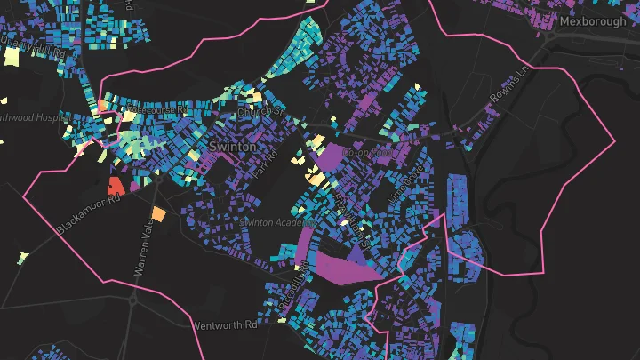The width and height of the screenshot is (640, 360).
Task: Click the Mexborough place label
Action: [x=593, y=20]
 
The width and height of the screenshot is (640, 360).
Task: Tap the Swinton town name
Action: [x=232, y=145]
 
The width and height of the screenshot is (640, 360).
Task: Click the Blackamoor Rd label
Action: [x=88, y=215]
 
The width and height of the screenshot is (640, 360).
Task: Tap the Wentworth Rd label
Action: [x=224, y=325]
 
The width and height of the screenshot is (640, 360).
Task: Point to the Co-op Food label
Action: [x=368, y=152]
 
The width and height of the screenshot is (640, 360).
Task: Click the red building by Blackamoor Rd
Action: [x=115, y=186]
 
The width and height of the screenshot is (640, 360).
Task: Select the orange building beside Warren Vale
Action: [x=158, y=214]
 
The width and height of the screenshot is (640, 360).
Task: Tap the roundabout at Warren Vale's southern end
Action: [x=132, y=300]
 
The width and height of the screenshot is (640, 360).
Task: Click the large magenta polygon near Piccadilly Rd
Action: [x=342, y=267]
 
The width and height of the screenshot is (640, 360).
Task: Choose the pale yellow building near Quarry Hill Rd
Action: [x=12, y=57]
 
